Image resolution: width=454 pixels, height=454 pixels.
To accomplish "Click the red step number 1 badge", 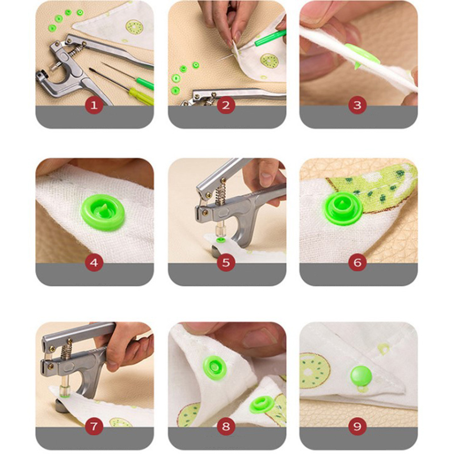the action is tap(94, 106).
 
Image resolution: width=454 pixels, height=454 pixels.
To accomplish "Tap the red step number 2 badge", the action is tap(226, 106).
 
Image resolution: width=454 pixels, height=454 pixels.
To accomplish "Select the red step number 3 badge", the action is tap(358, 106).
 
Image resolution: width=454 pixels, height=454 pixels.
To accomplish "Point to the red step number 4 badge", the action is tap(94, 263).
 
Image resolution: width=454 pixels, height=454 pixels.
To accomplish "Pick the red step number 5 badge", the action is tap(226, 263).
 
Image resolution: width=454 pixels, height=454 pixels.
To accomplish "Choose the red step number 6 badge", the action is tap(358, 263).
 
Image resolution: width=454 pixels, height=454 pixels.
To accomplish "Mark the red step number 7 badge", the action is tap(94, 427).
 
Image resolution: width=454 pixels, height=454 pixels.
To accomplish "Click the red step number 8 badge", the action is tap(226, 427).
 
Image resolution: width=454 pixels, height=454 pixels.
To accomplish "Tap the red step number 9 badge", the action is tap(358, 427).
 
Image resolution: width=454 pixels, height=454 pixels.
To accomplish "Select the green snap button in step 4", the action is tap(103, 212).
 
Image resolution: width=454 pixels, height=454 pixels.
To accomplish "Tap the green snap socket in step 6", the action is tap(343, 208).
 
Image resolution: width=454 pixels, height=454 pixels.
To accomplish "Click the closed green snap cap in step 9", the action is tap(361, 375).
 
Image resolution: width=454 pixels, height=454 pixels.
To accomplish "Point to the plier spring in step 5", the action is tap(221, 192).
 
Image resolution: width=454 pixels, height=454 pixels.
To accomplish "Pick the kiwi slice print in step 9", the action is tap(314, 371).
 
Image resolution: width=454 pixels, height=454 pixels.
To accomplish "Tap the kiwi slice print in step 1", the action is tap(134, 27).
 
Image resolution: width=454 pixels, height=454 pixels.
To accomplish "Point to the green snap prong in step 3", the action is tap(356, 64).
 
